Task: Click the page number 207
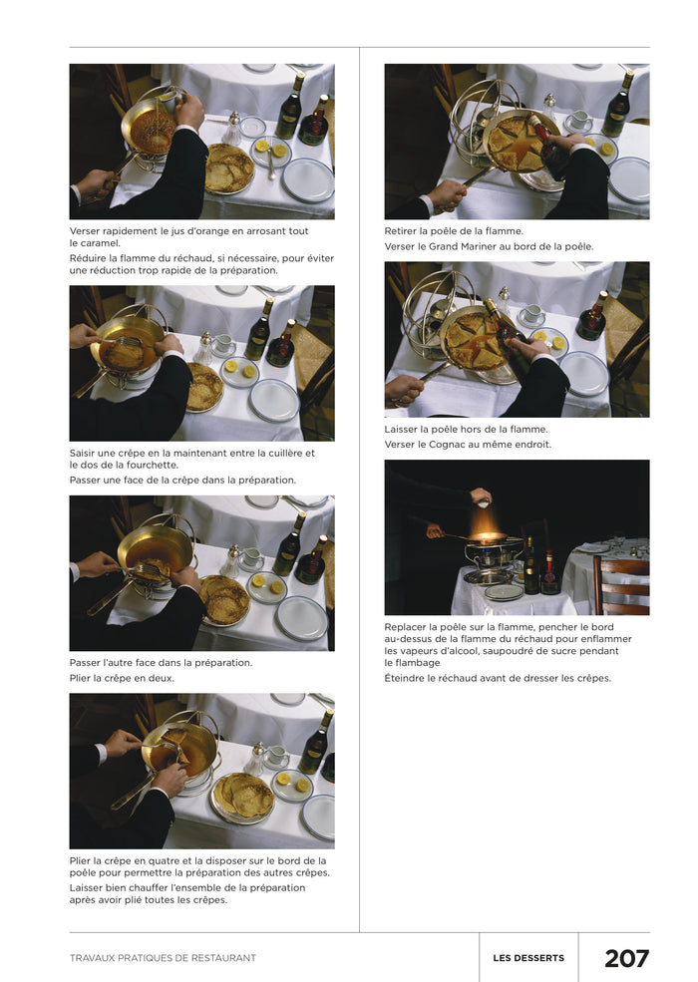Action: pyautogui.click(x=626, y=958)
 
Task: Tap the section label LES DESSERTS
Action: pyautogui.click(x=528, y=958)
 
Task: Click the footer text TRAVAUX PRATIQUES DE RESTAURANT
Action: pyautogui.click(x=163, y=958)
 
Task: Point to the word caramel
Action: pyautogui.click(x=100, y=243)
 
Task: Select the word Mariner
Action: pyautogui.click(x=483, y=246)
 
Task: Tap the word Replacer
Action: pyautogui.click(x=407, y=627)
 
